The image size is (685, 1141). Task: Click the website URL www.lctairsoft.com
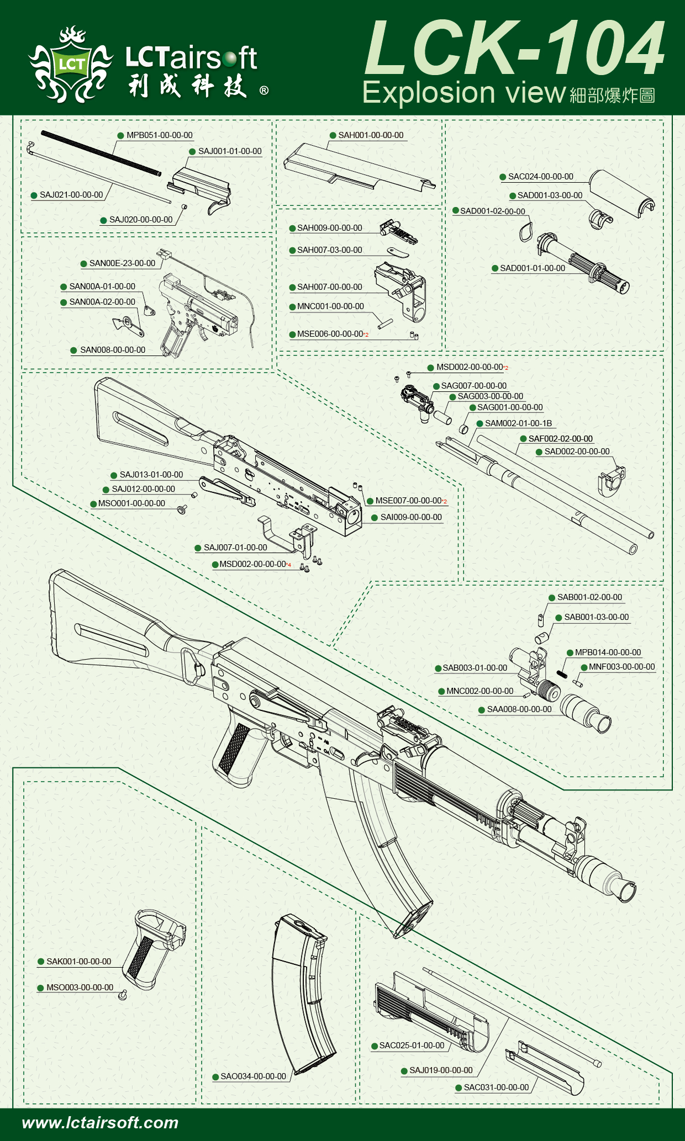pyautogui.click(x=100, y=1122)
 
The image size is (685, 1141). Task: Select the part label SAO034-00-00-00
pyautogui.click(x=253, y=1076)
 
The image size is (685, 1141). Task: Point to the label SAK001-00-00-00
pyautogui.click(x=78, y=962)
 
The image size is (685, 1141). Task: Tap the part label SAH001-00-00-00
pyautogui.click(x=371, y=135)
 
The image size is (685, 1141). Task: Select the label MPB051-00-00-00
pyautogui.click(x=159, y=135)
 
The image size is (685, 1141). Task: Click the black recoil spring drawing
pyautogui.click(x=101, y=153)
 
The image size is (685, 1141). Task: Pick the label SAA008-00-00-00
pyautogui.click(x=519, y=709)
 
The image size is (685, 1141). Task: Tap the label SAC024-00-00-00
pyautogui.click(x=540, y=177)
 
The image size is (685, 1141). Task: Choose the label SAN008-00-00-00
pyautogui.click(x=112, y=350)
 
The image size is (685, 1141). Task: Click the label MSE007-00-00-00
pyautogui.click(x=408, y=501)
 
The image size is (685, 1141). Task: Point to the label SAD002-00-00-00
pyautogui.click(x=577, y=452)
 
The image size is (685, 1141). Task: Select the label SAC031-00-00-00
pyautogui.click(x=496, y=1087)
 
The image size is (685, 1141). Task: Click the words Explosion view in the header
pyautogui.click(x=464, y=93)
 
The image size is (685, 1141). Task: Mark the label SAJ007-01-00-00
pyautogui.click(x=235, y=548)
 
